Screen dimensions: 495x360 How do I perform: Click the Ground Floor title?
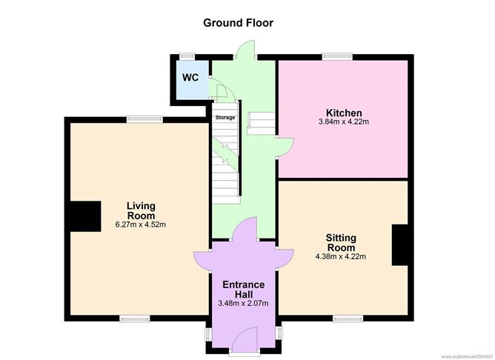point(238,23)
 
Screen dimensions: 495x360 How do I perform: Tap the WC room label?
point(190,77)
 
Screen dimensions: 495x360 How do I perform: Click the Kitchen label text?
point(344,113)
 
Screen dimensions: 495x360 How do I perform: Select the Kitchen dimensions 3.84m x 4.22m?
point(344,121)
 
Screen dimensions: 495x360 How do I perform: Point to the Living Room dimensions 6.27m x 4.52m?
point(141,224)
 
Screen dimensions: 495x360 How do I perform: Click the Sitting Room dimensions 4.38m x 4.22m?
point(341,256)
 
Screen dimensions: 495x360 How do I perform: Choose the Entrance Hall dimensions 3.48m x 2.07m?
point(243,303)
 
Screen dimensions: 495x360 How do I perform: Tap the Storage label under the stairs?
point(225,118)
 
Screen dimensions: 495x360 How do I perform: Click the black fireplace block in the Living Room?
point(85,216)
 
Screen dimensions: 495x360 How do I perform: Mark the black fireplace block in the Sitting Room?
point(400,245)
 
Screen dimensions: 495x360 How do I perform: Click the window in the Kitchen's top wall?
point(337,56)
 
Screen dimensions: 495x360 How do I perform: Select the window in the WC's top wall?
point(187,56)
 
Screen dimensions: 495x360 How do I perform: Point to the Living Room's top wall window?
point(145,119)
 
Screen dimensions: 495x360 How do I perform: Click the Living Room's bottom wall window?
point(135,319)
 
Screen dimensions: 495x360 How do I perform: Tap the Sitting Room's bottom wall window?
point(348,319)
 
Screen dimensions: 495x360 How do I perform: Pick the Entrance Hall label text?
point(243,290)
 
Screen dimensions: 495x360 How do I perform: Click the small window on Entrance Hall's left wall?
point(208,333)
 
